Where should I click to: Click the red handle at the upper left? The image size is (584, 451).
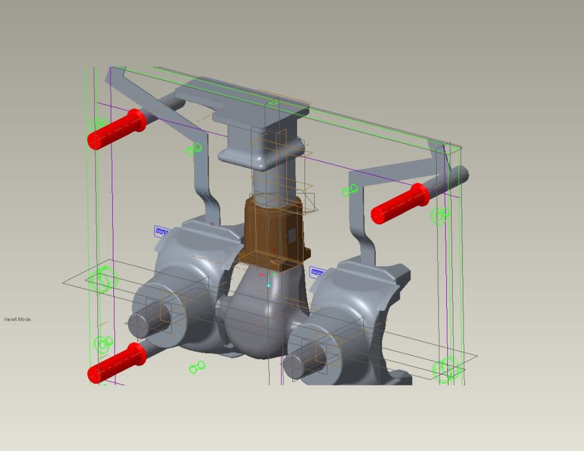tap(117, 129)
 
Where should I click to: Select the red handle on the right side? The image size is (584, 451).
tap(400, 203)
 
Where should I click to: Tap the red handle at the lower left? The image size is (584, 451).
tap(117, 363)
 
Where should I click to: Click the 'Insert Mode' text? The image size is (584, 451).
tap(17, 319)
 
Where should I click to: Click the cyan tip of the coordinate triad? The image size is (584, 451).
tap(268, 285)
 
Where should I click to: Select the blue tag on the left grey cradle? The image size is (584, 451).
tap(162, 231)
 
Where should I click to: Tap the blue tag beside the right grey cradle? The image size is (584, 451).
tap(317, 273)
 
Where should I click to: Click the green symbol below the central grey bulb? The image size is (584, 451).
tap(197, 367)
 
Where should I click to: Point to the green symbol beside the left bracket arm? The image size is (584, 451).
tap(194, 149)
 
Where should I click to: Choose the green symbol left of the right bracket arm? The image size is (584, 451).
tap(350, 190)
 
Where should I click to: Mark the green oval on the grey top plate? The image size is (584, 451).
tap(274, 103)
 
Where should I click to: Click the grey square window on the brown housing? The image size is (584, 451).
tap(292, 236)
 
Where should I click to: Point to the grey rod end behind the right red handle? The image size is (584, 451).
tap(456, 176)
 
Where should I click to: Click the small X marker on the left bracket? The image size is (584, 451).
tap(212, 224)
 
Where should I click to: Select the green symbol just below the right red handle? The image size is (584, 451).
tap(440, 216)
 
